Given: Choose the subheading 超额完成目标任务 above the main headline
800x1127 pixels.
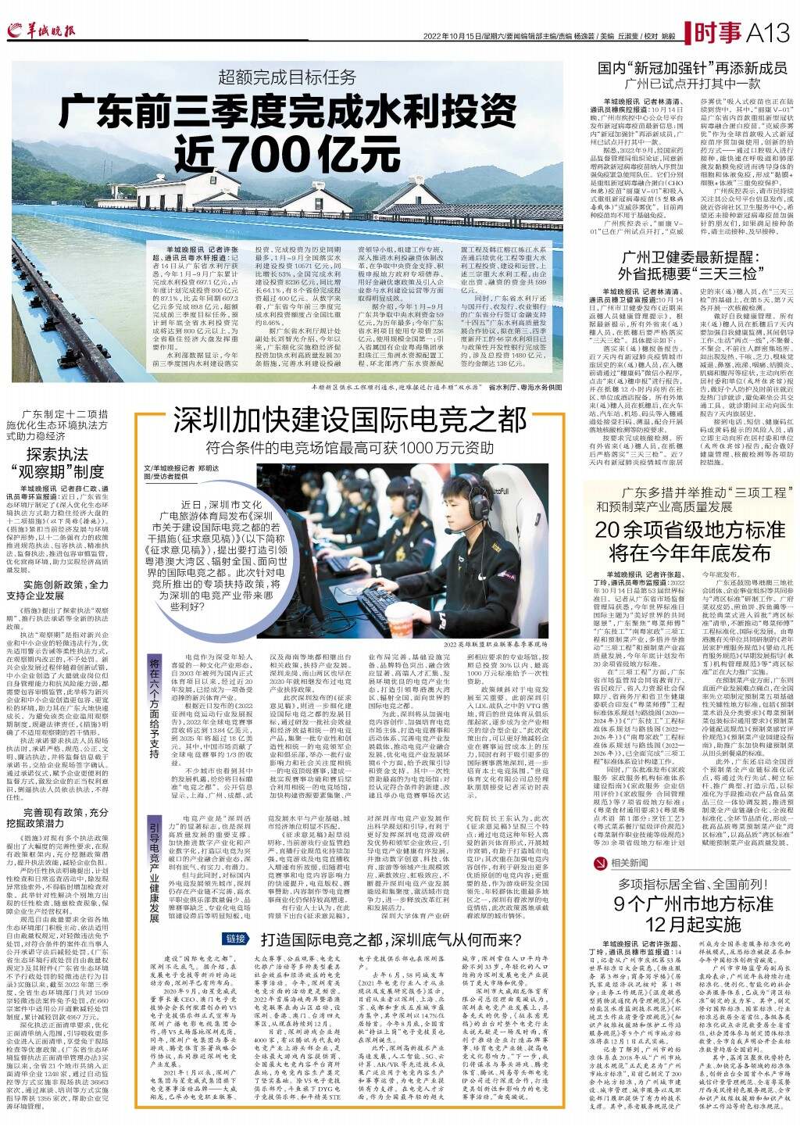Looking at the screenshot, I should point(287,77).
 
